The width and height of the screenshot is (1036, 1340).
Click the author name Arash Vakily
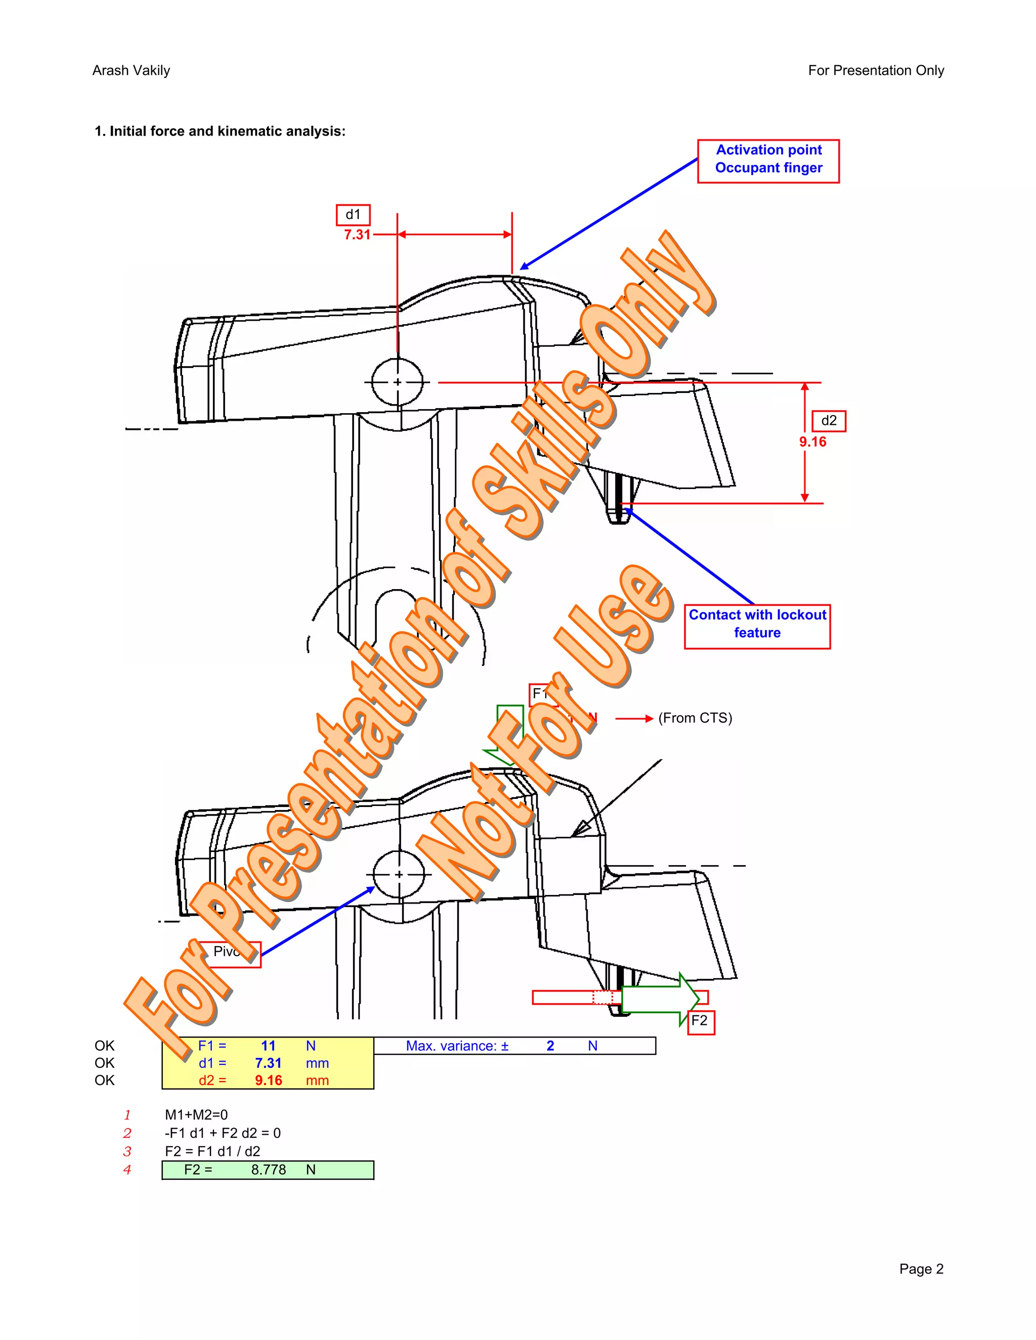(131, 71)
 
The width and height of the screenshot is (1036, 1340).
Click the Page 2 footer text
(921, 1269)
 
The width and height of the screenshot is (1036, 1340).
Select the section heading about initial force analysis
(220, 131)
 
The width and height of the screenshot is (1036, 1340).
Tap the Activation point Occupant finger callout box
(768, 161)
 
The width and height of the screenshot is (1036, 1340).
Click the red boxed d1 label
(353, 215)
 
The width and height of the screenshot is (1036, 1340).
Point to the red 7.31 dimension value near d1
(357, 235)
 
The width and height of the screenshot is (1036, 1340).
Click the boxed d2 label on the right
(829, 421)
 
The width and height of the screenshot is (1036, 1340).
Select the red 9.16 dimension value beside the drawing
(812, 442)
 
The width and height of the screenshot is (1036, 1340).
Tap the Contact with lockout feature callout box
(757, 625)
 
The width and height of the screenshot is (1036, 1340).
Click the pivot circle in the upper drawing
(397, 382)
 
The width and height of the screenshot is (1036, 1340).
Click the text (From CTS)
(695, 719)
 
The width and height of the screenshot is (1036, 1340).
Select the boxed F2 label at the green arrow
(700, 1021)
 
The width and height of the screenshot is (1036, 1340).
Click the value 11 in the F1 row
(268, 1046)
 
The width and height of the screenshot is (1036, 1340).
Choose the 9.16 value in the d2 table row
(268, 1081)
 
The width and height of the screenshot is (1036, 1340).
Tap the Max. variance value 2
(550, 1046)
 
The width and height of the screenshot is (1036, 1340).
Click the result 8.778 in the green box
(268, 1170)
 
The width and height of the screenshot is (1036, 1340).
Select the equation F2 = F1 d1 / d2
(212, 1151)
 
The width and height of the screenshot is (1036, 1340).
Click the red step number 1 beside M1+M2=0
(127, 1115)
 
